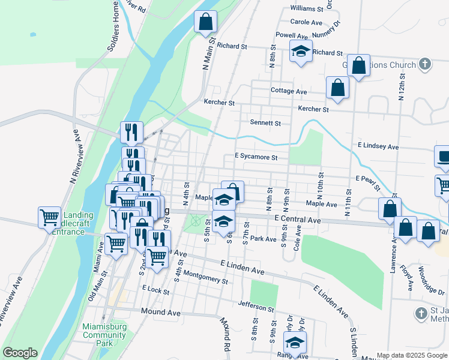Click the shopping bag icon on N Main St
pos(205,22)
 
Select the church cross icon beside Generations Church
pos(424,64)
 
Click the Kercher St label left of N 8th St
pos(218,103)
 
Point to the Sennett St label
pos(265,122)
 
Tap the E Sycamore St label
pos(256,157)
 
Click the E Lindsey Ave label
pos(378,146)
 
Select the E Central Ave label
pos(298,220)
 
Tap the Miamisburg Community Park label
pos(105,335)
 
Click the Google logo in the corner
pos(20,353)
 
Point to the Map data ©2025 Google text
pos(411,355)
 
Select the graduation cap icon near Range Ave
pos(295,343)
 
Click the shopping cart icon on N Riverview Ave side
pos(49,217)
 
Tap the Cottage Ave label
pos(288,91)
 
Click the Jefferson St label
pos(257,307)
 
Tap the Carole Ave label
pos(307,22)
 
